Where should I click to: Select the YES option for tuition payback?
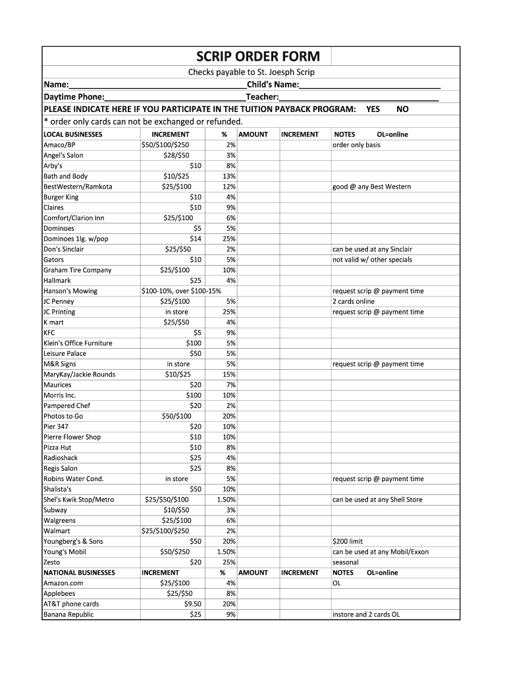(x=373, y=109)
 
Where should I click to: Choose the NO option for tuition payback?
(x=402, y=109)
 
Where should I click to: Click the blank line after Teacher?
(x=359, y=97)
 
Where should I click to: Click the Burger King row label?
(x=61, y=197)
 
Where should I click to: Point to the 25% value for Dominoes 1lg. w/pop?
(x=228, y=239)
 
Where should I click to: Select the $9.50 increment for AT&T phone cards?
(x=193, y=604)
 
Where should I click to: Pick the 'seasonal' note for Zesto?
(x=346, y=562)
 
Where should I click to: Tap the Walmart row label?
(x=57, y=531)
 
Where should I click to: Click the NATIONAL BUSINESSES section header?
(x=79, y=573)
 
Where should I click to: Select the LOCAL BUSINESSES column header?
(x=72, y=134)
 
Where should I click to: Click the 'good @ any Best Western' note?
(x=371, y=187)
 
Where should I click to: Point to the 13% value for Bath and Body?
(x=228, y=176)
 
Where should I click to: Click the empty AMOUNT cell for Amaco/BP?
(x=258, y=145)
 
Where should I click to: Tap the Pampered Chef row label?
(x=67, y=405)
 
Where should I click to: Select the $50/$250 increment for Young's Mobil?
(x=174, y=552)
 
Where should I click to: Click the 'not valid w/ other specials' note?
(x=372, y=260)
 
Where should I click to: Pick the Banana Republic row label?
(x=68, y=614)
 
